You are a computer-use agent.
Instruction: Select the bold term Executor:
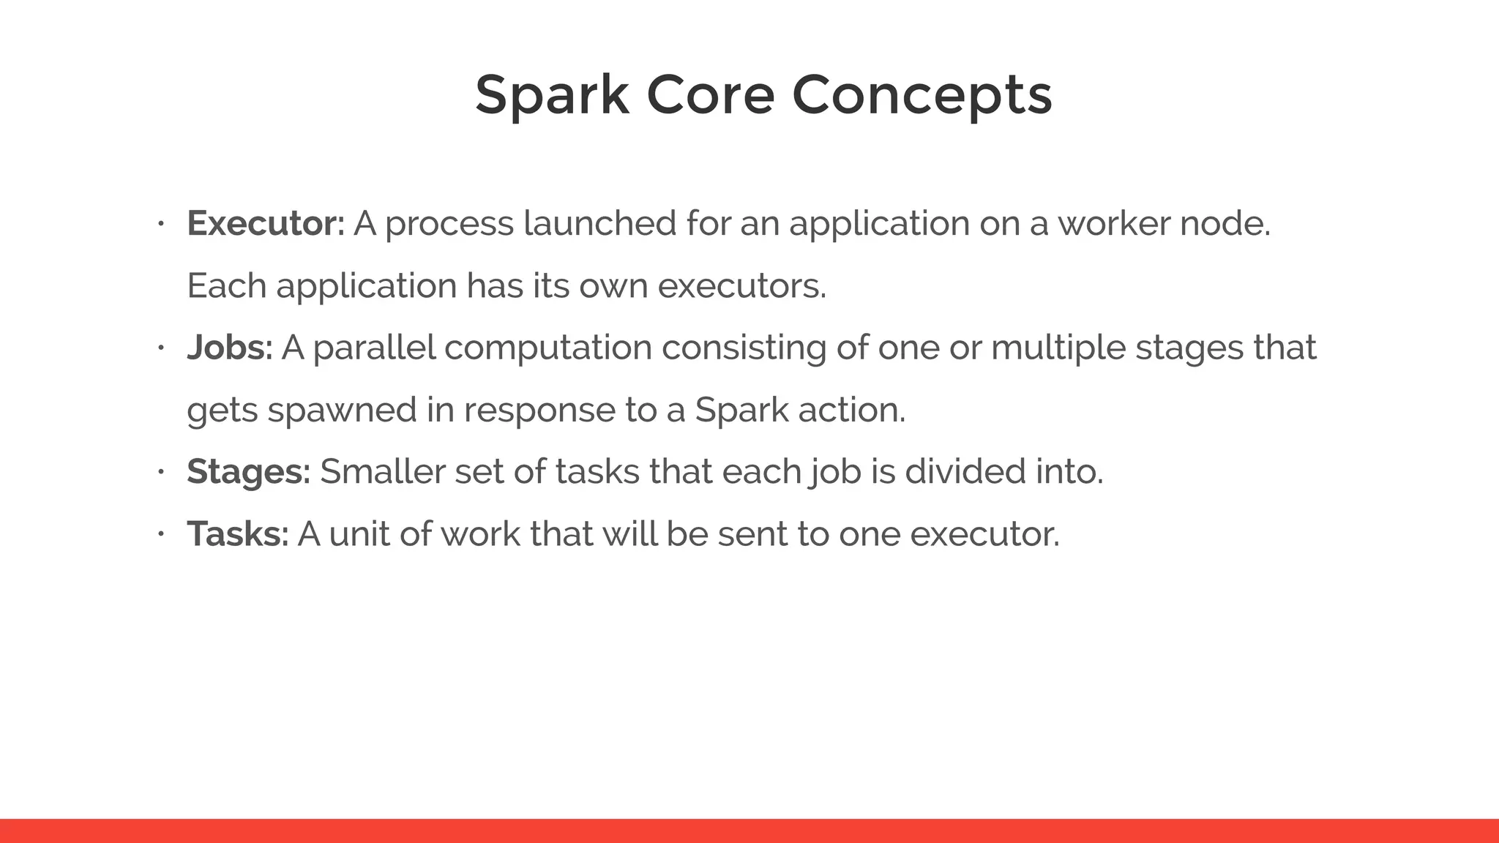[x=265, y=223]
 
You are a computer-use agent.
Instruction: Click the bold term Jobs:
[x=229, y=348]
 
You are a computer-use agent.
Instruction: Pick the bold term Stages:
[x=248, y=471]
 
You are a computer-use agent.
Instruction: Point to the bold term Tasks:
[x=238, y=533]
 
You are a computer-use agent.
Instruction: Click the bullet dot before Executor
[x=161, y=223]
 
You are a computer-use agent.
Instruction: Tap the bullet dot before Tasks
[x=161, y=533]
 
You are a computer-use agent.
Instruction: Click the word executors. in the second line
[x=741, y=285]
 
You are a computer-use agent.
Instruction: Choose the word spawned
[x=342, y=410]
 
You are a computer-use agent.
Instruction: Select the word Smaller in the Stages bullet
[x=382, y=471]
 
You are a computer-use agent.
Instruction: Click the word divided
[x=965, y=471]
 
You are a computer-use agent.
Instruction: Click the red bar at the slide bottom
[x=749, y=831]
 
